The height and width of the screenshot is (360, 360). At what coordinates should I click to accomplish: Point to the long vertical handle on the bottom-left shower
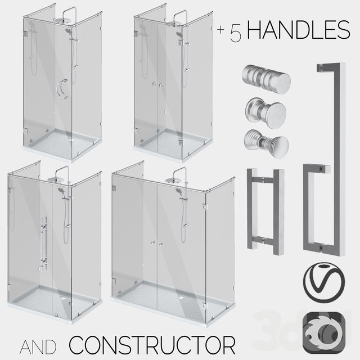[43, 239]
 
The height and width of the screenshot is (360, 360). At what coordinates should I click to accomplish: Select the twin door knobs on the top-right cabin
[157, 84]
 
